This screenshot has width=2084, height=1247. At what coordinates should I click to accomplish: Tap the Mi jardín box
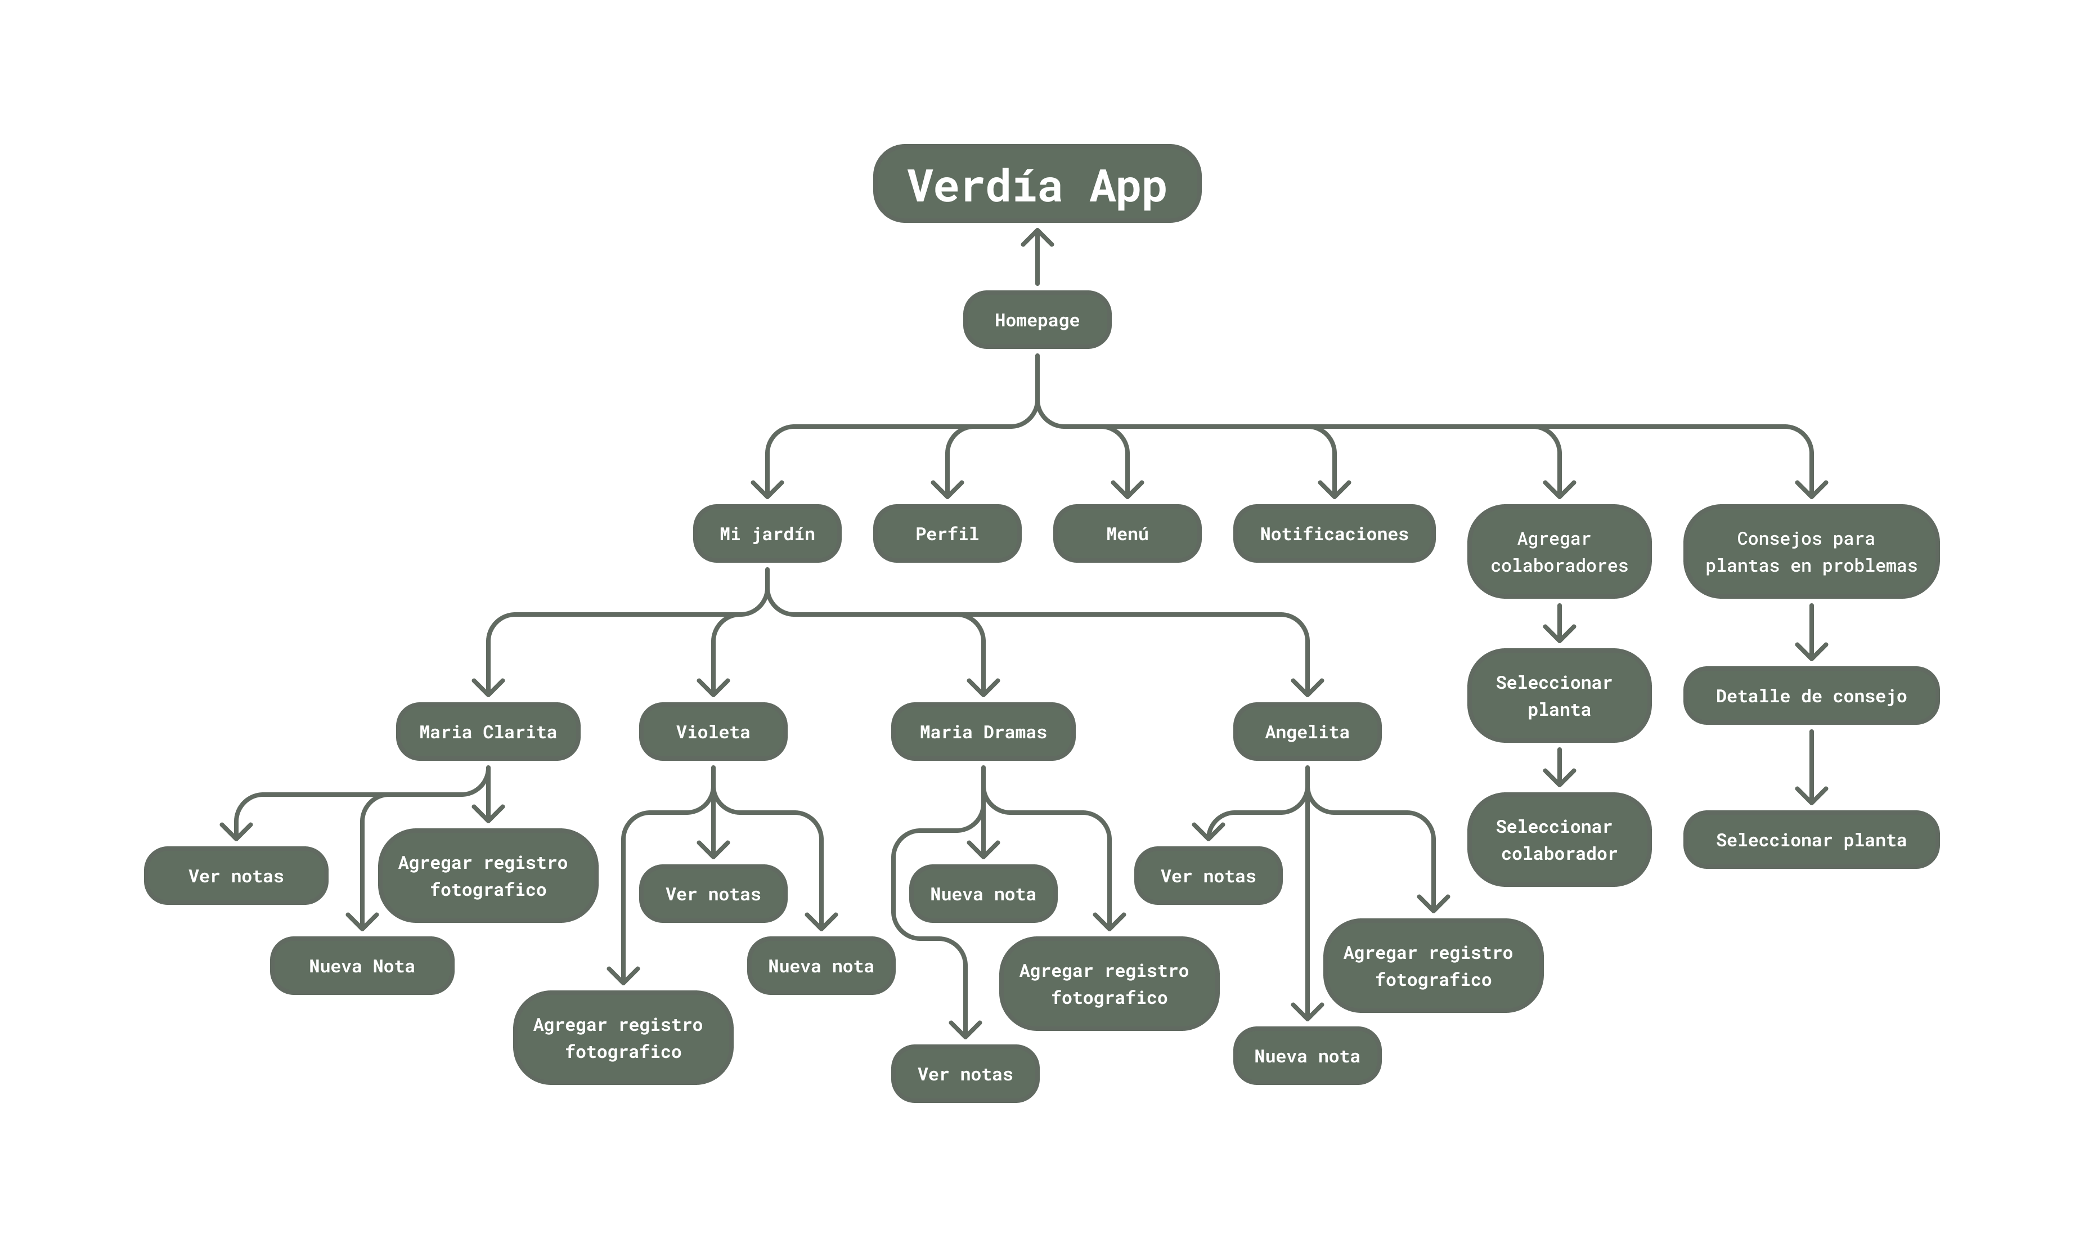[767, 533]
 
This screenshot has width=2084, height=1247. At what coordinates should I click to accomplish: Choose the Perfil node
[947, 533]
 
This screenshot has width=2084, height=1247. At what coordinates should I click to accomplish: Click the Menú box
[1128, 533]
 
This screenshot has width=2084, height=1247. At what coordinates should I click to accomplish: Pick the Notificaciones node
[1334, 533]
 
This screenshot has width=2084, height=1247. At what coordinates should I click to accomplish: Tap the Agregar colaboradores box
[1559, 551]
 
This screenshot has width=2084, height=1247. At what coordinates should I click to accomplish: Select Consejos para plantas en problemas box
[1811, 551]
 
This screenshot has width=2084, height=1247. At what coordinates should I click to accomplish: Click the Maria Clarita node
[488, 731]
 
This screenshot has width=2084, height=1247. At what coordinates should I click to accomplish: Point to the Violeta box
[713, 731]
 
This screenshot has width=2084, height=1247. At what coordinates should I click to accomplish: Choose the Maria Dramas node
[983, 731]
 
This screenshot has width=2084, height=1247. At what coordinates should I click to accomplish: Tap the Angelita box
[1307, 731]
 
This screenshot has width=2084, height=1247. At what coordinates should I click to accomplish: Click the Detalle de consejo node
[1811, 696]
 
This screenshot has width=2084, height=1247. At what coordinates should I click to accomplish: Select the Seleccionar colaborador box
[1559, 840]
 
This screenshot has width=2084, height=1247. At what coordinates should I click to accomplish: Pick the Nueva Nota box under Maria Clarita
[362, 966]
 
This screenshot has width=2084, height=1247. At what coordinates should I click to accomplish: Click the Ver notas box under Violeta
[713, 893]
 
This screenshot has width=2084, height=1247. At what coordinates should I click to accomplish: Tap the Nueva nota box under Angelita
[1307, 1056]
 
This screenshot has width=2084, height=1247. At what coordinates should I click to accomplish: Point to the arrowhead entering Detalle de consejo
[1812, 651]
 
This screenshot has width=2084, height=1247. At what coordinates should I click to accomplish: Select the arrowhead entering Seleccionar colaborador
[1560, 777]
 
